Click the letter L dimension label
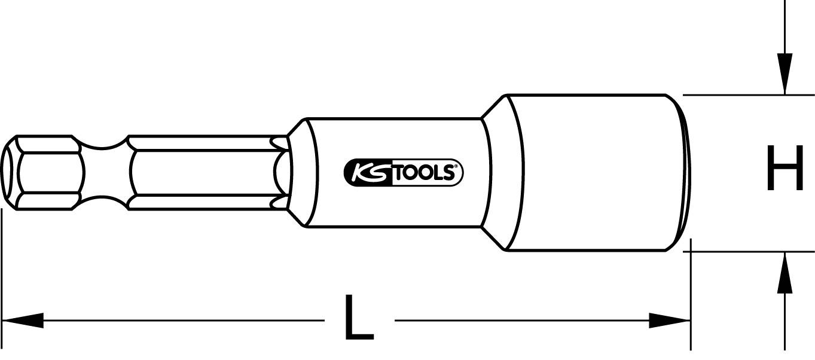click(358, 318)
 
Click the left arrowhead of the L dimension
click(24, 321)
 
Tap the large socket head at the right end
click(592, 173)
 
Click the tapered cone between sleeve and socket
click(495, 173)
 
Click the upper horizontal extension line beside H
click(747, 94)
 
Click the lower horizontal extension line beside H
click(747, 252)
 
